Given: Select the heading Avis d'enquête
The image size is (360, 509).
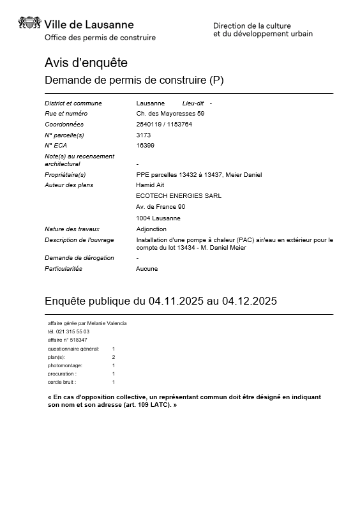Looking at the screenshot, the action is click(86, 63).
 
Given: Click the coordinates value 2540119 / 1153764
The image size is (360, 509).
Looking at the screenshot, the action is click(164, 125).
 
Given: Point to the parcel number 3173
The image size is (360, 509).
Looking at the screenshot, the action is click(143, 135).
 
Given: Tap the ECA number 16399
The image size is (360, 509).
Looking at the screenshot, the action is click(145, 146).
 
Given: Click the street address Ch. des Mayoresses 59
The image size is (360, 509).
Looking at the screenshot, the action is click(170, 114).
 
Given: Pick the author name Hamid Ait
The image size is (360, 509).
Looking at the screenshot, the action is click(150, 185).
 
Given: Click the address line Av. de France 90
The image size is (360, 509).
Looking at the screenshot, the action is click(161, 207).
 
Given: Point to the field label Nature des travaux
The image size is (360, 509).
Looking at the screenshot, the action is click(72, 229).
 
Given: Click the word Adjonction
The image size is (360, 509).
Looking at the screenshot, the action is click(151, 229).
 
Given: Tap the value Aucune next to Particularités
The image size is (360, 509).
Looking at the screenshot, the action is click(147, 269).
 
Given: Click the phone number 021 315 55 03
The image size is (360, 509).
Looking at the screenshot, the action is click(73, 331).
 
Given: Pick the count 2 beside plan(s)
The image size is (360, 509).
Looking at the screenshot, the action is click(114, 357).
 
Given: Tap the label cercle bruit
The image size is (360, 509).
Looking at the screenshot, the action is click(61, 382).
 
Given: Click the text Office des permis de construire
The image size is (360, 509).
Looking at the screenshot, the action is click(100, 38).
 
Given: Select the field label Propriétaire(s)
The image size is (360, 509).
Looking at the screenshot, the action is click(65, 175).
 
